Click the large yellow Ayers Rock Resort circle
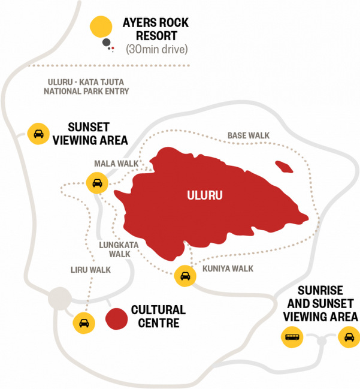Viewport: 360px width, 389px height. point(101,27)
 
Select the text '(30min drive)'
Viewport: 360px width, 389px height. point(156,49)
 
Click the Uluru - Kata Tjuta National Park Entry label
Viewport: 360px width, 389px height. point(86,87)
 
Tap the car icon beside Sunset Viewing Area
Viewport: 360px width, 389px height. point(38,133)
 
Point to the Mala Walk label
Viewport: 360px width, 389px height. point(116,163)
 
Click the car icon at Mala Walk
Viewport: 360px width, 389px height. point(96,183)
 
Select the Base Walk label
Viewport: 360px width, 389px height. point(247,136)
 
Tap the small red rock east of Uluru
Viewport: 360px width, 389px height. point(284,166)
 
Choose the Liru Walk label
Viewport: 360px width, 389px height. point(89,270)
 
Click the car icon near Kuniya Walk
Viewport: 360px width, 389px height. point(185,276)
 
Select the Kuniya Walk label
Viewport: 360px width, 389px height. point(228,268)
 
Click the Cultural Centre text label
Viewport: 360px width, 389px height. point(158,316)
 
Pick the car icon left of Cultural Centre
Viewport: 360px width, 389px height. point(84,323)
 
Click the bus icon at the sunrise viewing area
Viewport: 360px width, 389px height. point(292,337)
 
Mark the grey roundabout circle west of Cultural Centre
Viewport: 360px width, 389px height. point(59,297)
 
